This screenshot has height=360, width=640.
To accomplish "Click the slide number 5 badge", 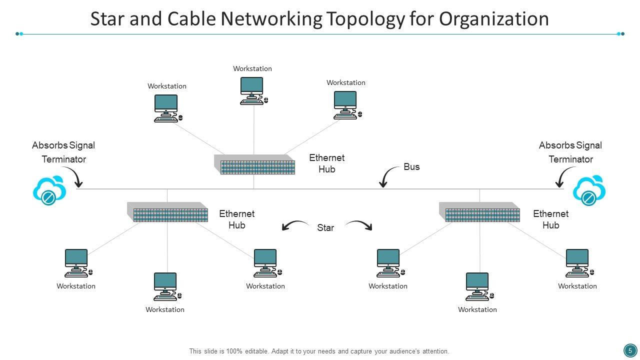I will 630,350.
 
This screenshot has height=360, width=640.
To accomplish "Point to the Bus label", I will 411,167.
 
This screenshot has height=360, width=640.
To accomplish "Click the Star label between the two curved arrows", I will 325,228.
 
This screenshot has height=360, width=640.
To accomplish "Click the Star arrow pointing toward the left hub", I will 295,225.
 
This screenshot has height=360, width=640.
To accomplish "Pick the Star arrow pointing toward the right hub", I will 359,225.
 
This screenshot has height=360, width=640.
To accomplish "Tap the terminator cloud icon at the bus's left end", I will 49,190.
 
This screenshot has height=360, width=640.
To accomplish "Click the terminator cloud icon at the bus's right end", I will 589,190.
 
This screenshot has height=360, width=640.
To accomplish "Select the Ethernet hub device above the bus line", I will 254,164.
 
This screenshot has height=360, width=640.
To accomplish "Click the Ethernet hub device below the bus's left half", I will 167,212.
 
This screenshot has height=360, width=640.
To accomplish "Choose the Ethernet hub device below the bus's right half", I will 480,212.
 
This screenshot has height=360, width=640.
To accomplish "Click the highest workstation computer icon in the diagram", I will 252,90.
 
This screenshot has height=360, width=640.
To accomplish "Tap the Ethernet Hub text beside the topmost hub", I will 327,163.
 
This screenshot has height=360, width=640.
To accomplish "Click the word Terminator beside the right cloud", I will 570,159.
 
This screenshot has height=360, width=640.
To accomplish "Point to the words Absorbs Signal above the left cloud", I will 63,145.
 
